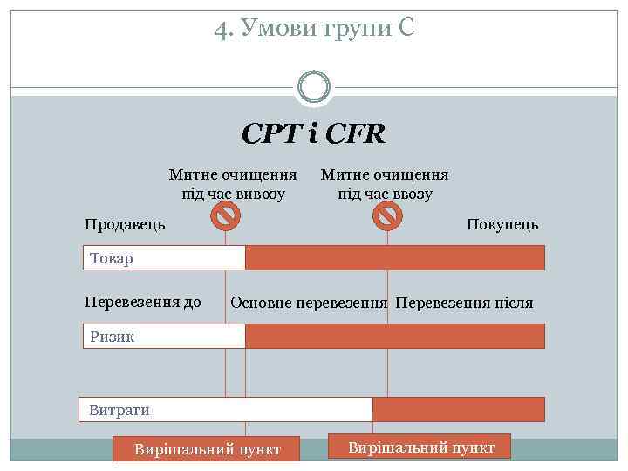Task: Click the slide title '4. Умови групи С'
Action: [314, 29]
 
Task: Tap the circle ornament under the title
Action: [314, 86]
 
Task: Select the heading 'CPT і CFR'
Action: [314, 133]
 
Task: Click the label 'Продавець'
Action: [125, 224]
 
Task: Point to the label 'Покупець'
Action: [502, 224]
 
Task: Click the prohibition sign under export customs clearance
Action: [226, 213]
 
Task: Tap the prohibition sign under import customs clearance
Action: [387, 213]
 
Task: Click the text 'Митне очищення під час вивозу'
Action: [233, 184]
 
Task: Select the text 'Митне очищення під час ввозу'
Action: [385, 184]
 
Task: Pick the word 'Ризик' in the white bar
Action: [113, 337]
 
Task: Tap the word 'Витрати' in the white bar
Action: [119, 410]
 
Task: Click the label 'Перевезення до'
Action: [143, 303]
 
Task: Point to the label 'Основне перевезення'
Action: [309, 304]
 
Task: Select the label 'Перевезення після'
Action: [464, 304]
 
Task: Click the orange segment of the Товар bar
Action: [394, 257]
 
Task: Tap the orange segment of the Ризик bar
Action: [394, 336]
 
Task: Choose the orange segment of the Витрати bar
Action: [458, 409]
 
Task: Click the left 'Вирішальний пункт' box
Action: [208, 449]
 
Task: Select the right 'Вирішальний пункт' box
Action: [420, 447]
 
